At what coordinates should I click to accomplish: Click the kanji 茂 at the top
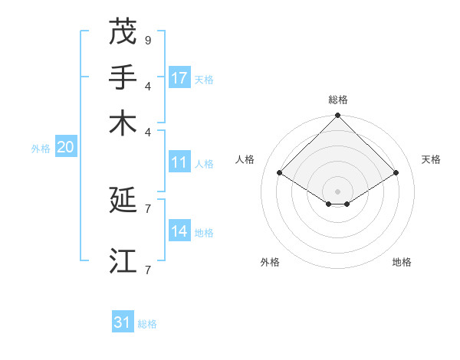pyautogui.click(x=123, y=32)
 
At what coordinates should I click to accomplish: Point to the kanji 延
pyautogui.click(x=123, y=201)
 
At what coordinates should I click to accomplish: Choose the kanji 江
pyautogui.click(x=123, y=260)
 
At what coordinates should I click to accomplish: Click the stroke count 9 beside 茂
pyautogui.click(x=148, y=40)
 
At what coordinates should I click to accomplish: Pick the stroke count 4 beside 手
pyautogui.click(x=148, y=85)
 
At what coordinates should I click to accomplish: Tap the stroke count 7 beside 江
pyautogui.click(x=148, y=269)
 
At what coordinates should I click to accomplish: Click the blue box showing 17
pyautogui.click(x=179, y=78)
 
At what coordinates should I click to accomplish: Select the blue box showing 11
pyautogui.click(x=179, y=162)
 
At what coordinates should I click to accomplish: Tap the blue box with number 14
pyautogui.click(x=179, y=231)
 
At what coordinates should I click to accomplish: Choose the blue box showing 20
pyautogui.click(x=65, y=148)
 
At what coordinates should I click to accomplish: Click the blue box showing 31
pyautogui.click(x=123, y=322)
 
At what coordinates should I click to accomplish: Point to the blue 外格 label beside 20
pyautogui.click(x=41, y=149)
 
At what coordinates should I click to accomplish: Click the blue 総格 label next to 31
pyautogui.click(x=147, y=324)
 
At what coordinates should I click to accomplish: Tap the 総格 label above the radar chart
pyautogui.click(x=337, y=100)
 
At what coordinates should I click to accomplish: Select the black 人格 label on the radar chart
pyautogui.click(x=245, y=159)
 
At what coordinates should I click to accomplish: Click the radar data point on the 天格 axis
pyautogui.click(x=396, y=173)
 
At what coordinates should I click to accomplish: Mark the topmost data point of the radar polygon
pyautogui.click(x=337, y=116)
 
